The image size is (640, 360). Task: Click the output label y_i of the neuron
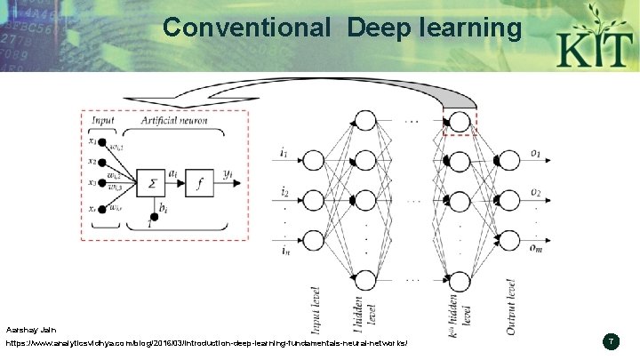click(229, 174)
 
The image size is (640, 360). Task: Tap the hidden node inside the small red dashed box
click(460, 121)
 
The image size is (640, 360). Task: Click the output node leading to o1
click(509, 161)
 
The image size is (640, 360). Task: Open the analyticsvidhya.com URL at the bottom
click(205, 343)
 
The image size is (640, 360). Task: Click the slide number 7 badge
click(611, 341)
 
